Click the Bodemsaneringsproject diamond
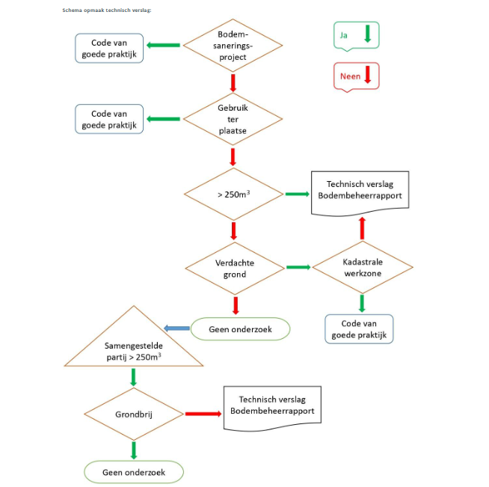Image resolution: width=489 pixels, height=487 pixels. tap(233, 45)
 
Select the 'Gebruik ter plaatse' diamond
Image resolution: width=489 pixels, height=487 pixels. tap(233, 119)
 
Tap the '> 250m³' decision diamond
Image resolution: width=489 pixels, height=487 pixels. tap(233, 194)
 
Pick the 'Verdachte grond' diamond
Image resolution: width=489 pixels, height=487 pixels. tap(235, 269)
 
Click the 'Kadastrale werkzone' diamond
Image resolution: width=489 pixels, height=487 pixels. tap(363, 267)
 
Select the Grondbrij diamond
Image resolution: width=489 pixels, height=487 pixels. tap(134, 414)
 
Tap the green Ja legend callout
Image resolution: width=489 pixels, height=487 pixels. tap(357, 36)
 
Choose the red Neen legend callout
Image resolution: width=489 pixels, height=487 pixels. tap(357, 77)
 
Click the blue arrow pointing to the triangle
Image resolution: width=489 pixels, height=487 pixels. tap(176, 328)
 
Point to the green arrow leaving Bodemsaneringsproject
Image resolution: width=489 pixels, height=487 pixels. tap(163, 45)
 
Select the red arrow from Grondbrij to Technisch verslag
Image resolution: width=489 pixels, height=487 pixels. tap(203, 414)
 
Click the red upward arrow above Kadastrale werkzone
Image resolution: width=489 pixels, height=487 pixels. tap(362, 228)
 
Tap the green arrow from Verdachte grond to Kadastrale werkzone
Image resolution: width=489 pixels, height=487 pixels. tap(298, 267)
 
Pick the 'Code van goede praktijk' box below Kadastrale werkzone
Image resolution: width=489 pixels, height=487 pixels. tap(359, 329)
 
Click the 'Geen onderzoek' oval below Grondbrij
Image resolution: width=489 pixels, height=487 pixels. tap(134, 472)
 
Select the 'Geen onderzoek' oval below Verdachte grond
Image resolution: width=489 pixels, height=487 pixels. tap(241, 329)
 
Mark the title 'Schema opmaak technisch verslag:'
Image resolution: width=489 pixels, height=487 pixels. tap(107, 10)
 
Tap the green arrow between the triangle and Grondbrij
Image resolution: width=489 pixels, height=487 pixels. tap(134, 377)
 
